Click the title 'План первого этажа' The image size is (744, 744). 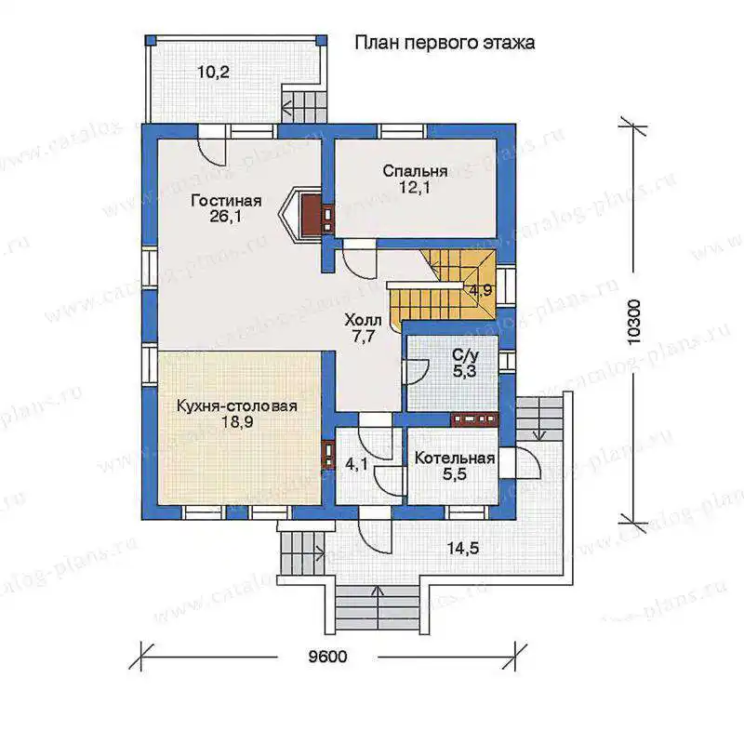(445, 44)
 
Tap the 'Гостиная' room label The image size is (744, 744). (226, 201)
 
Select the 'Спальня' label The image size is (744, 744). (415, 171)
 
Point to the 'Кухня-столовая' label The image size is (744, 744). (237, 406)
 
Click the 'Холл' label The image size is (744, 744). (363, 321)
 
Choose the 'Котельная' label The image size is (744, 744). (455, 458)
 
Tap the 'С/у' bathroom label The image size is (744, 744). (466, 355)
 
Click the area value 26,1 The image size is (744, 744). (225, 217)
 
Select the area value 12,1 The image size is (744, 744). (414, 188)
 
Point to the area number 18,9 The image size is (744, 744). (237, 422)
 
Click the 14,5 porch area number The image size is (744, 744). (463, 549)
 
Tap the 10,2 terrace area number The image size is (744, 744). (214, 73)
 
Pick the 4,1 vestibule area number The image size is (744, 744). (356, 464)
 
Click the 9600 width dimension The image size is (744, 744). (328, 657)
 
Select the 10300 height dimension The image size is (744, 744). (634, 323)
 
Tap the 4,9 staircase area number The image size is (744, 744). (481, 290)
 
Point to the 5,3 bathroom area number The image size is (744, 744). (464, 371)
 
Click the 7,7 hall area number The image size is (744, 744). (364, 337)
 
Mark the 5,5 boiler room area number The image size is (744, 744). (455, 474)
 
